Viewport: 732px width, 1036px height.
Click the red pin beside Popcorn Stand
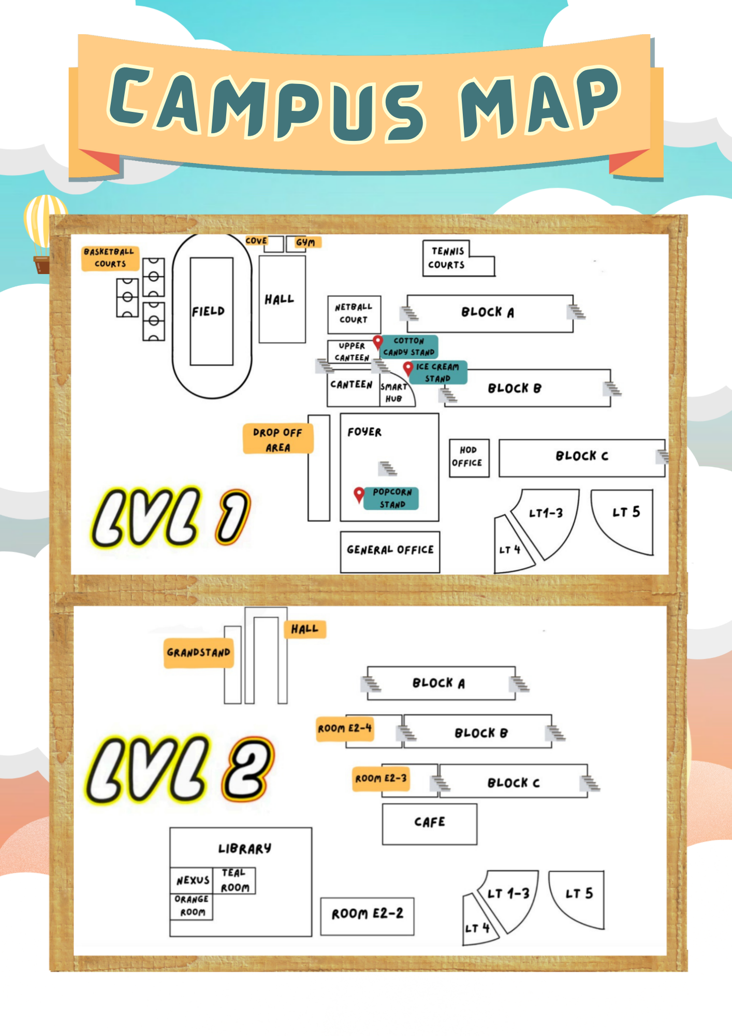pyautogui.click(x=359, y=494)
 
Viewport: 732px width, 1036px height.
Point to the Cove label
pyautogui.click(x=256, y=241)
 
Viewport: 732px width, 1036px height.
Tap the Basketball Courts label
pyautogui.click(x=110, y=258)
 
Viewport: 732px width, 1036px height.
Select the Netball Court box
pyautogui.click(x=354, y=314)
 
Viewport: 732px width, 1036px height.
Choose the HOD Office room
pyautogui.click(x=469, y=457)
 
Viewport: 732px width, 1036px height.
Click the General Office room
pyautogui.click(x=390, y=551)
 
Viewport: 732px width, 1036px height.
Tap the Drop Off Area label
pyautogui.click(x=278, y=439)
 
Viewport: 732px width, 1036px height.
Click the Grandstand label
pyautogui.click(x=199, y=653)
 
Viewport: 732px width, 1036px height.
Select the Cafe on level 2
pyautogui.click(x=429, y=824)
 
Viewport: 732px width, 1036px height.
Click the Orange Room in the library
pyautogui.click(x=192, y=906)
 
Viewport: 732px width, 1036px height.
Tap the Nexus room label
pyautogui.click(x=193, y=880)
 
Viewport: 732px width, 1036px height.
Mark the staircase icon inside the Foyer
pyautogui.click(x=387, y=468)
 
